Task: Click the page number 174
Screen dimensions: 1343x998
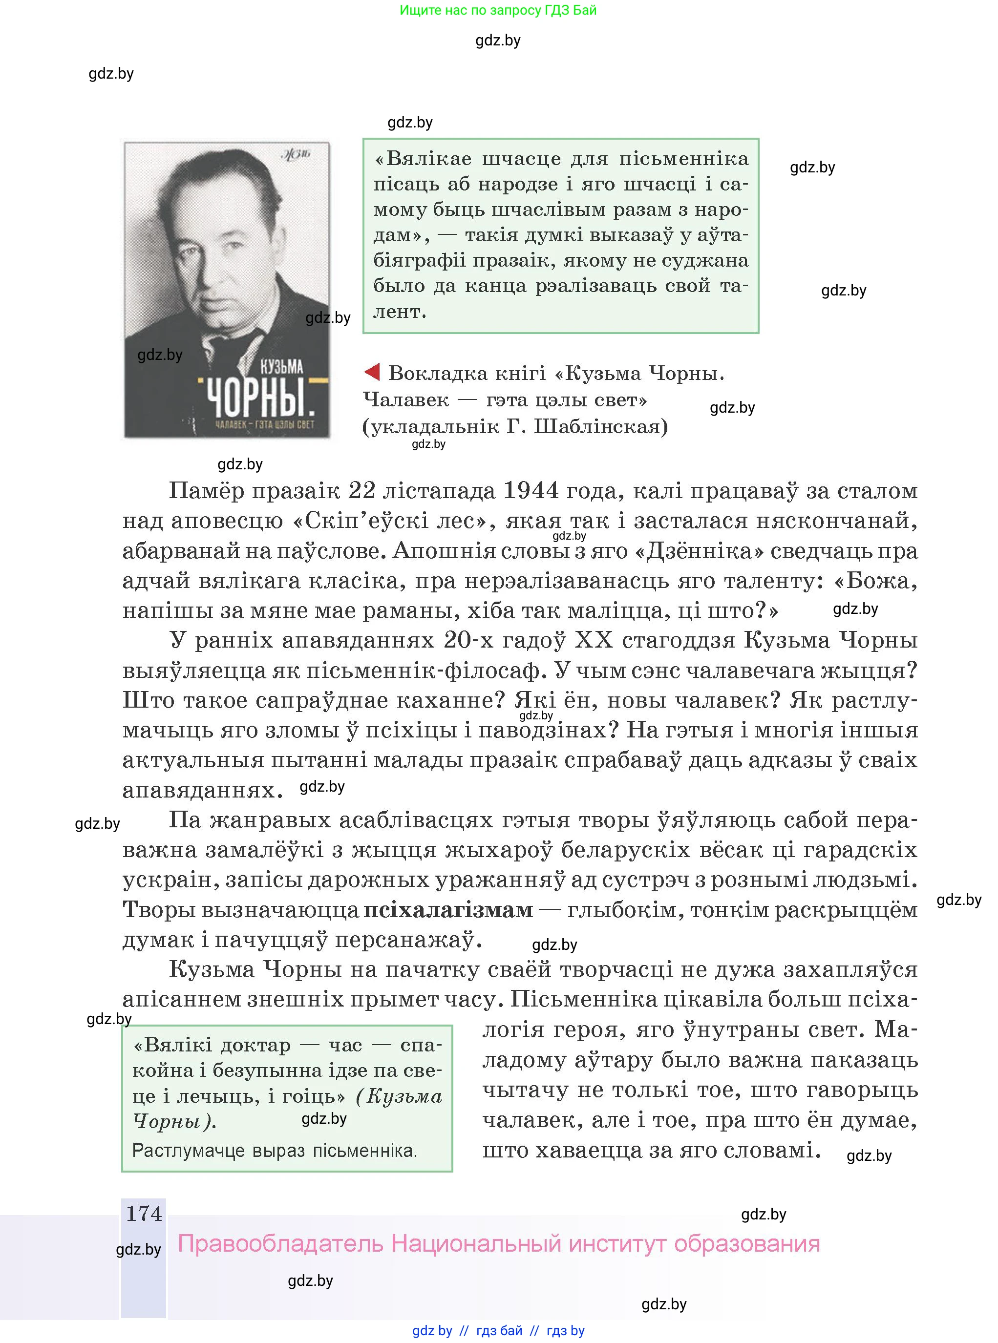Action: (x=144, y=1213)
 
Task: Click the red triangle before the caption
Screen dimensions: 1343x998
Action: (x=372, y=373)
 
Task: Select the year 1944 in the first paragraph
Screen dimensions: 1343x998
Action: (x=531, y=490)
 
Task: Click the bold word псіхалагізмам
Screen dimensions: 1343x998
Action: (x=448, y=909)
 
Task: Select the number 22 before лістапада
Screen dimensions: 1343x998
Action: (x=362, y=490)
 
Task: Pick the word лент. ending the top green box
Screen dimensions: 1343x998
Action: (x=400, y=312)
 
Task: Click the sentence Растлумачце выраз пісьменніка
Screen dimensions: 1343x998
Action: (x=274, y=1151)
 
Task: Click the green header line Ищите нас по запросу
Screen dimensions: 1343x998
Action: (x=498, y=10)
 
